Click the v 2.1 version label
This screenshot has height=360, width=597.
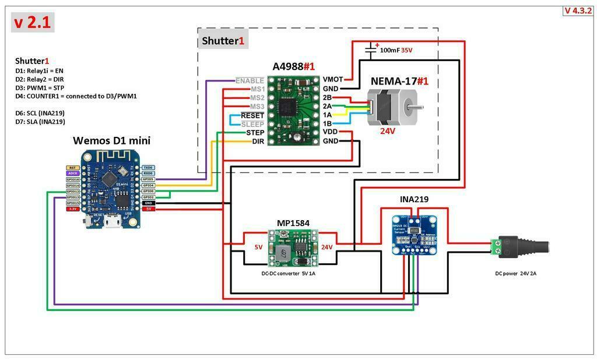tap(33, 23)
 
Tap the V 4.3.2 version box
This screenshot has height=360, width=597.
tap(578, 10)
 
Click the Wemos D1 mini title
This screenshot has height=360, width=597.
tap(111, 140)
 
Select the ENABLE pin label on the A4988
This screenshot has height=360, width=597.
tap(250, 80)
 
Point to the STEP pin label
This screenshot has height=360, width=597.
tap(254, 133)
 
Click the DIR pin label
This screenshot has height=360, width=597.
tap(258, 142)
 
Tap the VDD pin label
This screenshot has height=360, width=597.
tap(331, 132)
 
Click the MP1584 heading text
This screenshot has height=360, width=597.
tap(293, 223)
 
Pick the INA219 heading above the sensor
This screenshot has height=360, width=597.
tap(414, 199)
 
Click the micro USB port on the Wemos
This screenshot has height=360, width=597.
tap(111, 223)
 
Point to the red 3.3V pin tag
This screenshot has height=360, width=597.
tap(72, 209)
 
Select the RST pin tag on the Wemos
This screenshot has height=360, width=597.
tap(72, 167)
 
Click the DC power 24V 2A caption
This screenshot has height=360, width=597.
tap(515, 273)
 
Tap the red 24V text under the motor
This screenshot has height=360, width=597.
tap(387, 131)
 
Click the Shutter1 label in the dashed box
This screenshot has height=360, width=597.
tap(223, 41)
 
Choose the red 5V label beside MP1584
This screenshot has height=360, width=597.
tap(258, 247)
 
